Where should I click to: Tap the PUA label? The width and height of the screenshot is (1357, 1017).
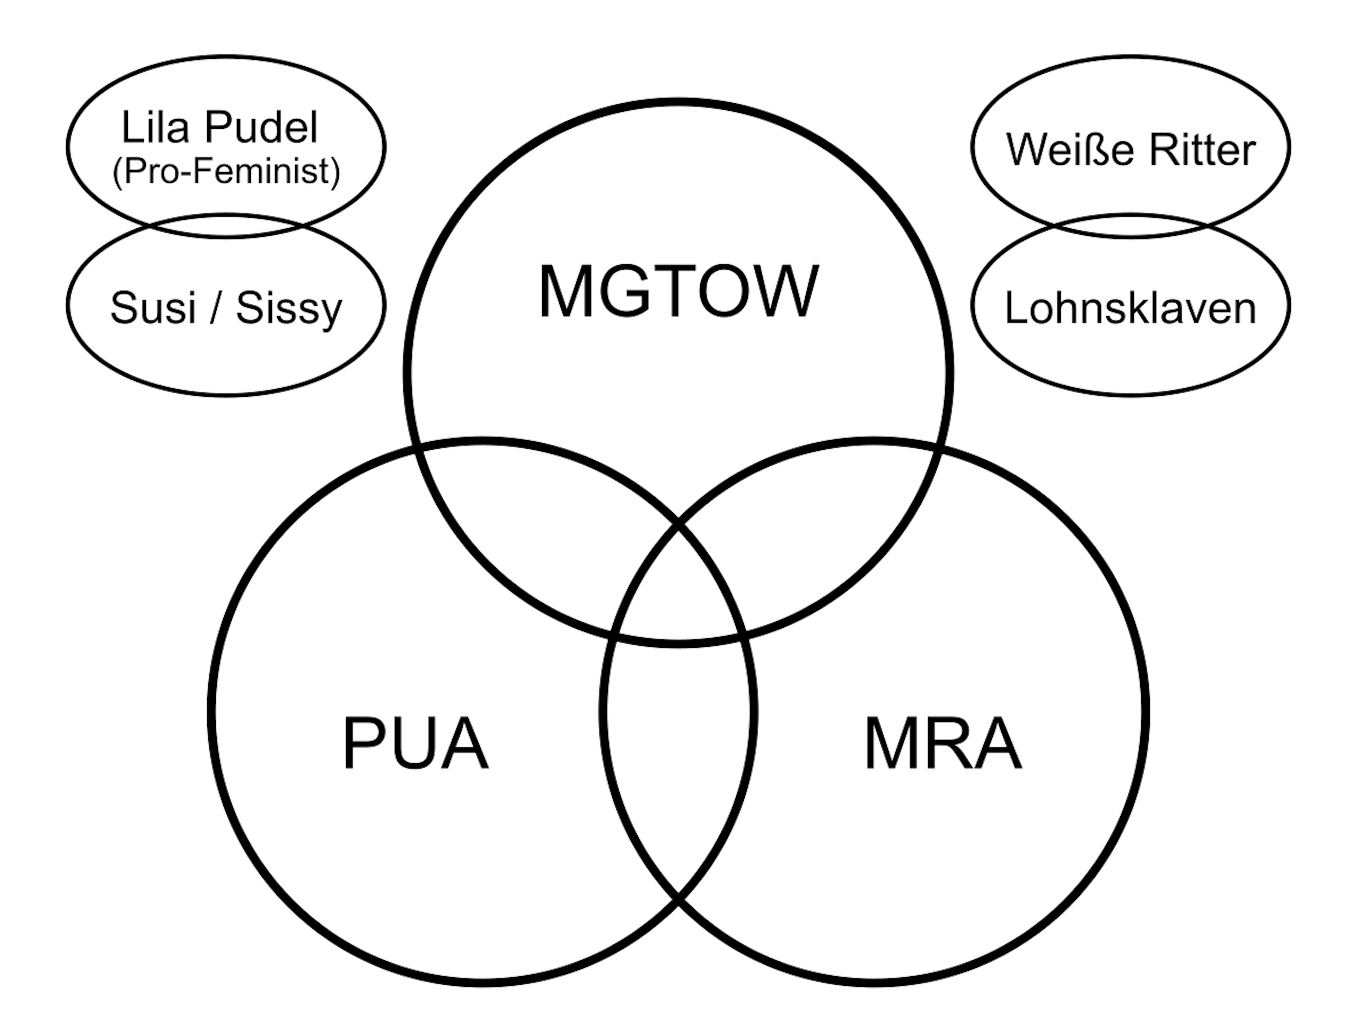coord(416,743)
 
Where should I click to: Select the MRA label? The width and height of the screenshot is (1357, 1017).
coord(942,743)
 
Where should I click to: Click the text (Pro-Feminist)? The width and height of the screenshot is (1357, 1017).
coord(226,172)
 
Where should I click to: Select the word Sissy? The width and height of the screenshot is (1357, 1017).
coord(289,308)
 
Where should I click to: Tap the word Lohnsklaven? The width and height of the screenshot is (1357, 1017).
coord(1130,308)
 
